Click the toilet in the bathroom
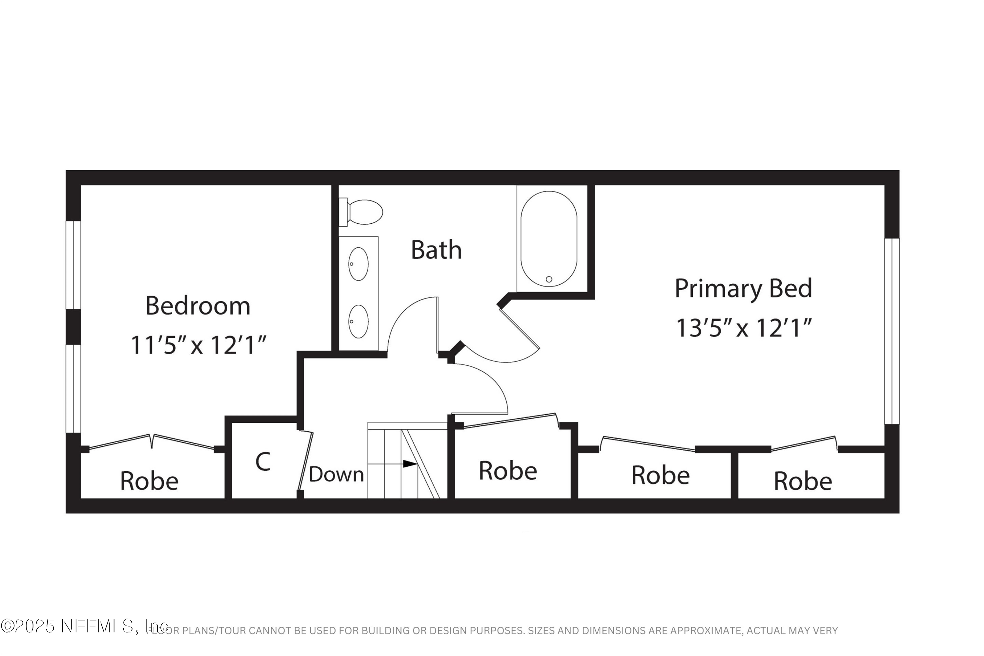coord(364,212)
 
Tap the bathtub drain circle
coord(549,279)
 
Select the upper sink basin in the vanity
coord(358,264)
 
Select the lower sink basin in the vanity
coord(358,321)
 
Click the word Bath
coord(436,250)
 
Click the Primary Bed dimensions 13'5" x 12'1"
coord(744,328)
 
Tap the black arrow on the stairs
coord(410,463)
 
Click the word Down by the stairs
coord(336,474)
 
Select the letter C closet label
coord(263,462)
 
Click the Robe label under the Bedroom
coord(149,481)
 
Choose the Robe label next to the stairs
coord(507,471)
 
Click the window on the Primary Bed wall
coord(892,331)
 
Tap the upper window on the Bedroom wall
coord(73,265)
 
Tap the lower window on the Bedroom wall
coord(73,388)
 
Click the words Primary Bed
coord(744,289)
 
